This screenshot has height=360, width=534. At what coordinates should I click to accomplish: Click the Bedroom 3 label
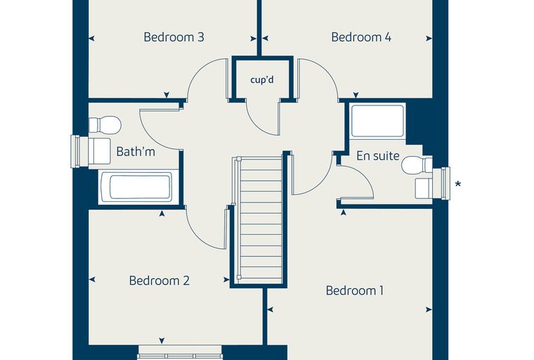click(174, 37)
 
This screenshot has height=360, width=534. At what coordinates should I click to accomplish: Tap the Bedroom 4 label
click(361, 37)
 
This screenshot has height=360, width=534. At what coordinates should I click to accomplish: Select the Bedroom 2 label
click(159, 281)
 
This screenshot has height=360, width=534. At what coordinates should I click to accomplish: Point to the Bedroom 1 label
click(355, 290)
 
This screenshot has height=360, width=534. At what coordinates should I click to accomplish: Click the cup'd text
click(262, 79)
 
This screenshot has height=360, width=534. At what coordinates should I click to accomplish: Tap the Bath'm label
click(136, 151)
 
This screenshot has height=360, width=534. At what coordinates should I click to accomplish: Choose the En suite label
click(378, 156)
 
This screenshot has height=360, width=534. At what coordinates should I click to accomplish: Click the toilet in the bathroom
click(105, 125)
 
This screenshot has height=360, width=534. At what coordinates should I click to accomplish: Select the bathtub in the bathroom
click(141, 186)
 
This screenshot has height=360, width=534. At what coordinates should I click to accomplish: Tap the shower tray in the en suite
click(377, 121)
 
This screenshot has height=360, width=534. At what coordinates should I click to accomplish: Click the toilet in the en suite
click(417, 165)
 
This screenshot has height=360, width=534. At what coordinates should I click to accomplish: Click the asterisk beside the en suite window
click(458, 184)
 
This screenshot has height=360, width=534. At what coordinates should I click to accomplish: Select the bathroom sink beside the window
click(99, 151)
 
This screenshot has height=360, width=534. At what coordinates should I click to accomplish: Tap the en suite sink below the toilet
click(424, 188)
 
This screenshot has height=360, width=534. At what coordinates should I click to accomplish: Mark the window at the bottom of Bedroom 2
click(180, 352)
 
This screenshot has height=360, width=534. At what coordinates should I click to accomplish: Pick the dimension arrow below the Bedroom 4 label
click(356, 95)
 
